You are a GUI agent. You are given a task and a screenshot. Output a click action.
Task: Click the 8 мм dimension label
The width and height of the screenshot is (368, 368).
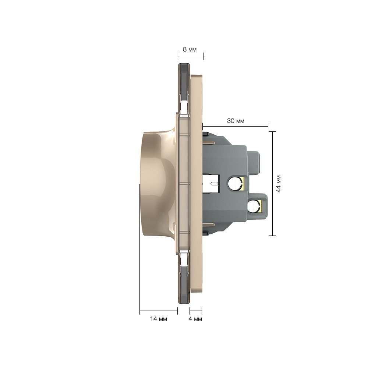190,50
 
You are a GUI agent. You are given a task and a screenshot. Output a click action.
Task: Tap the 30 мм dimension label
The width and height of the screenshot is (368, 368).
236,121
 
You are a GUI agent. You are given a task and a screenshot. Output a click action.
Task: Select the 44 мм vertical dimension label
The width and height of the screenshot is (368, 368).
278,184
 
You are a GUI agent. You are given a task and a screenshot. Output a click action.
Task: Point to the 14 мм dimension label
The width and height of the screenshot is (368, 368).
158,319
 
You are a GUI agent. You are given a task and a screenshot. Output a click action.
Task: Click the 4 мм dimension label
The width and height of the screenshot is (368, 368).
195,319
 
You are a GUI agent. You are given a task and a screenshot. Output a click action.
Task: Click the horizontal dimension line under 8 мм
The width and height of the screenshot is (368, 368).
191,56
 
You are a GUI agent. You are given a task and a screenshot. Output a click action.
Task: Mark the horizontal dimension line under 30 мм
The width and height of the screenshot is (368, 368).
235,127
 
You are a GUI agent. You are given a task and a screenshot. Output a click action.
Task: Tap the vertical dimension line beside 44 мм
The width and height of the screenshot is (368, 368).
272,184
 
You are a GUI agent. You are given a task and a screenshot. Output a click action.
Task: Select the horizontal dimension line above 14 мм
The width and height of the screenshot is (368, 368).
159,311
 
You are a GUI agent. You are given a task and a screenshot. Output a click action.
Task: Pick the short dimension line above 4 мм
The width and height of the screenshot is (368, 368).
196,311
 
